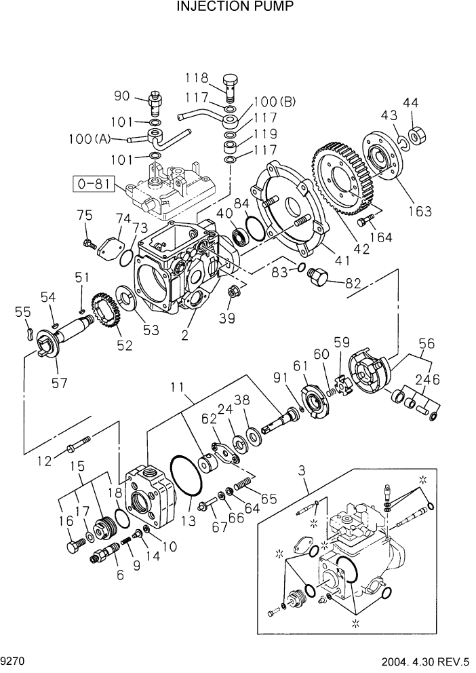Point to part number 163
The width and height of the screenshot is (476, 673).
[x=419, y=211]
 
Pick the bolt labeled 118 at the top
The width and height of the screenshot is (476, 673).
[x=232, y=86]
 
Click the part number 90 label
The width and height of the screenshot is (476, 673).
[x=121, y=96]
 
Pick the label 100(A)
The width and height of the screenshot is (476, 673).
[x=89, y=139]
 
